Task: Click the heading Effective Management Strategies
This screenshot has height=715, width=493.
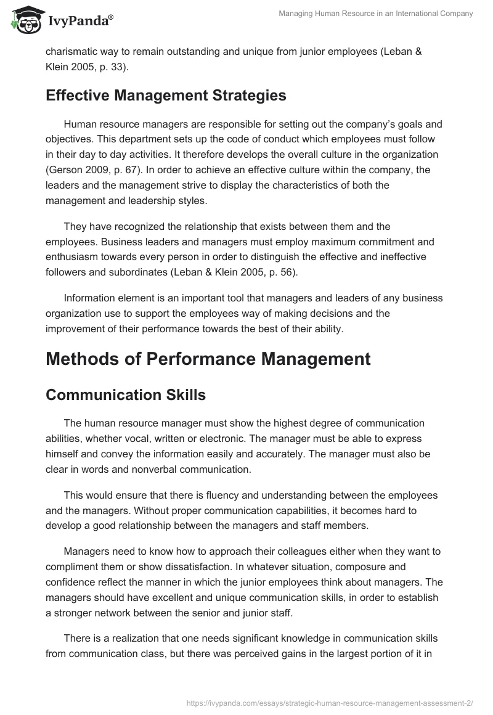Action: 166,96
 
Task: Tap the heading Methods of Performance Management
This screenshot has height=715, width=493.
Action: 208,359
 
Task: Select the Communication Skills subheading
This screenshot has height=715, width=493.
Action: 125,395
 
